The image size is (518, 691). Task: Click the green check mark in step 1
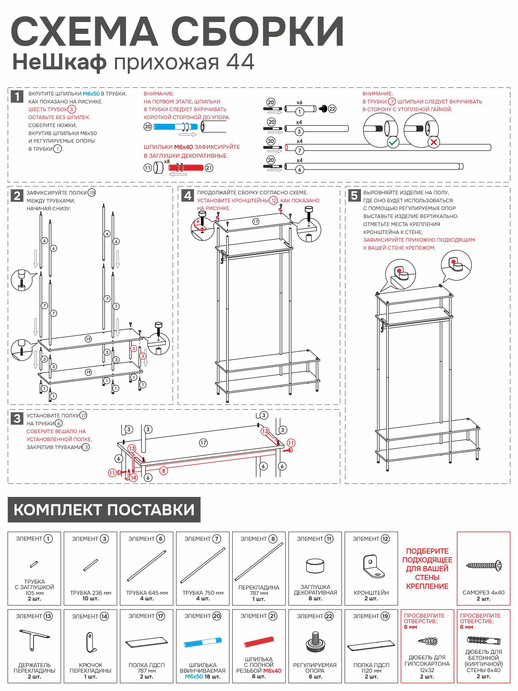[x=393, y=143]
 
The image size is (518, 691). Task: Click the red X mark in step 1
[x=433, y=143]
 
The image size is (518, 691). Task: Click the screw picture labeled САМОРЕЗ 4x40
[x=483, y=566]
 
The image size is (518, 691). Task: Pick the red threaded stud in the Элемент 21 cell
[x=259, y=642]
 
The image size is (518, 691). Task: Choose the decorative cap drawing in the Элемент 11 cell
[x=315, y=566]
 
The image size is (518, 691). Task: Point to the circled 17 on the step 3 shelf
[x=203, y=443]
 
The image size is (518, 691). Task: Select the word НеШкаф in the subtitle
[x=59, y=62]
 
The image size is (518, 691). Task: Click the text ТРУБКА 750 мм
[x=203, y=593]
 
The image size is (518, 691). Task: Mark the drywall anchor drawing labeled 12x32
[x=427, y=641]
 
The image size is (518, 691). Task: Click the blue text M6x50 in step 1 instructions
[x=91, y=94]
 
